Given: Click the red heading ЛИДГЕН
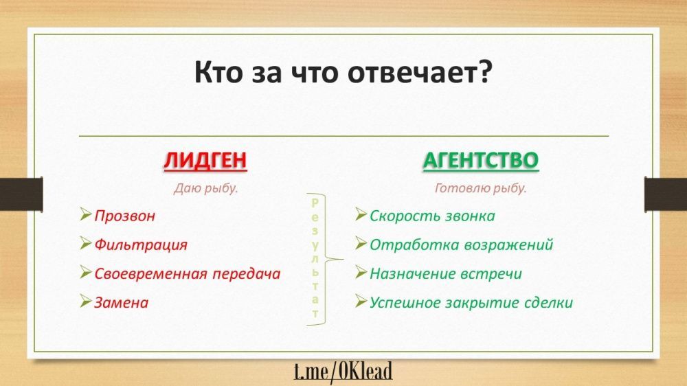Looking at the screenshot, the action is [205, 160].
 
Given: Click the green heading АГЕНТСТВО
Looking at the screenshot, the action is [481, 160].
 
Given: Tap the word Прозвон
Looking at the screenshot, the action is [125, 216].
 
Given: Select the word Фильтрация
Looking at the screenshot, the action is [141, 245].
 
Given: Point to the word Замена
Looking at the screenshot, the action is [122, 303].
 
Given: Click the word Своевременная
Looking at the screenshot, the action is [150, 274].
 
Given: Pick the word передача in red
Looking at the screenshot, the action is [247, 274].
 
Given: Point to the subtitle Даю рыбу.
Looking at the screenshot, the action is [206, 188].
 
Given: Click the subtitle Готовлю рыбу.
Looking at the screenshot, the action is [481, 188].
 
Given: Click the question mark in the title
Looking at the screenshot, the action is [486, 72].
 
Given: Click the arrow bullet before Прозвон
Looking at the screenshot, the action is [85, 214].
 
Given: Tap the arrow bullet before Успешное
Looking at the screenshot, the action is [361, 301].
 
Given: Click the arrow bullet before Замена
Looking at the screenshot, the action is [85, 301].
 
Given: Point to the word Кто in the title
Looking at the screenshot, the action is [218, 73].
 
